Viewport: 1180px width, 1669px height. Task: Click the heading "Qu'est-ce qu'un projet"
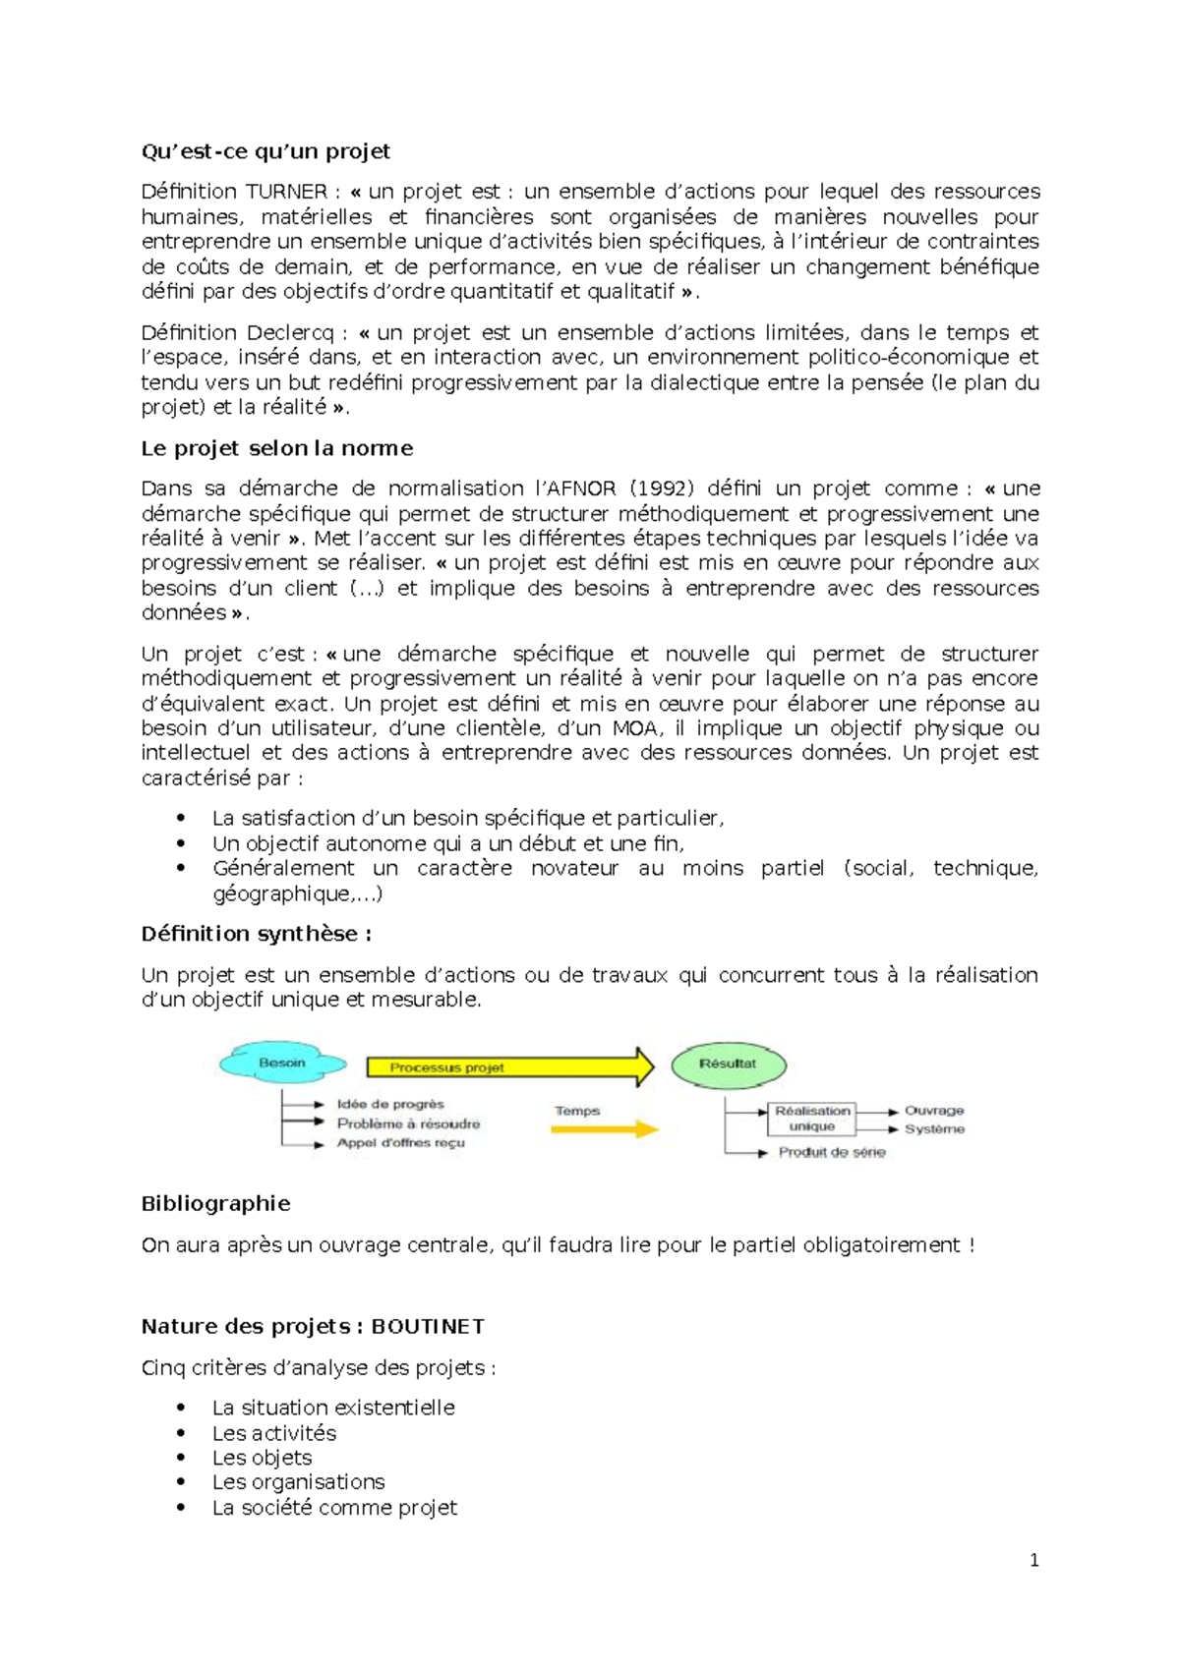click(265, 151)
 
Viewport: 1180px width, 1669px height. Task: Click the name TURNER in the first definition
click(286, 192)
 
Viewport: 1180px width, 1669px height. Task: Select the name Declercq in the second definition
click(290, 333)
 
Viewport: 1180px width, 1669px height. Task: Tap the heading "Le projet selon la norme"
click(276, 448)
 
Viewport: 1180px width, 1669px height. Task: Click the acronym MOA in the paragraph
click(635, 728)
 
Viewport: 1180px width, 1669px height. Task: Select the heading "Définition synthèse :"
click(256, 934)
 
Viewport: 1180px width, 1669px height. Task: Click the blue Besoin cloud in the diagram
click(282, 1064)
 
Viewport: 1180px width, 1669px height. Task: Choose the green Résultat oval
click(728, 1064)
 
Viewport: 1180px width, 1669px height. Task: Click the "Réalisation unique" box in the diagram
click(811, 1119)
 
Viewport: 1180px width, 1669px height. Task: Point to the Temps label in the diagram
click(577, 1111)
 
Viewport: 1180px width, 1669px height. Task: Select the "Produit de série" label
click(832, 1152)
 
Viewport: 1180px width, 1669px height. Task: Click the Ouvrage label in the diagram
click(934, 1110)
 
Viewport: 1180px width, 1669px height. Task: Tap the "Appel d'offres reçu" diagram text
click(400, 1143)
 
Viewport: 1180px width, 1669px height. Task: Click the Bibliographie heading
click(215, 1204)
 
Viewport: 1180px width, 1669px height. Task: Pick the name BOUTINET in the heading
click(428, 1327)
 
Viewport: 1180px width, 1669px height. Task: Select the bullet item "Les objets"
click(262, 1458)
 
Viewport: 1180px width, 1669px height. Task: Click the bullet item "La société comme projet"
click(334, 1508)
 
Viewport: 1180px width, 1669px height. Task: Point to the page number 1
click(1033, 1560)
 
